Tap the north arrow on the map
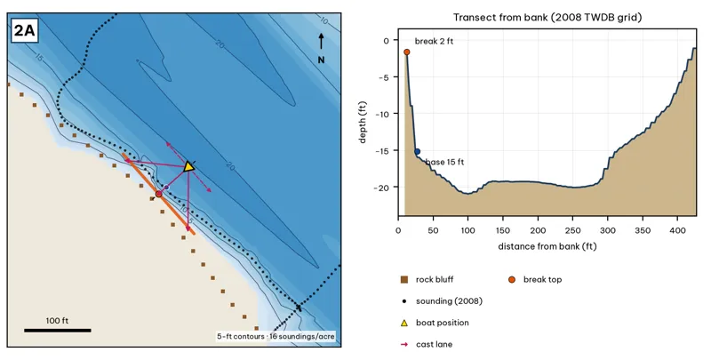321,42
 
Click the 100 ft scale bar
58,330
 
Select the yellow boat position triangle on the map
188,166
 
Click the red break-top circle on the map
159,194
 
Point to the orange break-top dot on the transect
407,52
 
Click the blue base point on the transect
417,151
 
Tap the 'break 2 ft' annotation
434,41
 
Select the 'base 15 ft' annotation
444,162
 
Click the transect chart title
547,18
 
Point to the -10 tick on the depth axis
383,114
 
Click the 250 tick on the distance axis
572,230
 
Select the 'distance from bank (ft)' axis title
547,246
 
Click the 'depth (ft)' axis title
363,123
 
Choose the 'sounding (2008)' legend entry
441,301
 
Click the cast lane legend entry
427,345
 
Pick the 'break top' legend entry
535,280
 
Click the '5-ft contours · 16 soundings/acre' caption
276,336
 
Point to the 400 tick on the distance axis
677,230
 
